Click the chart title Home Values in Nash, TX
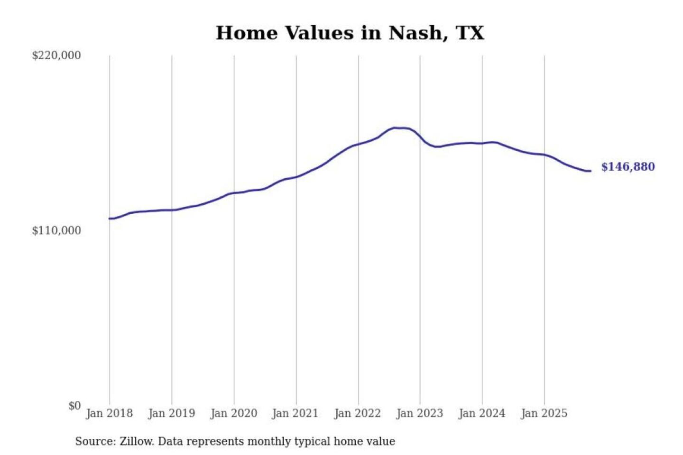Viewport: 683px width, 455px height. coord(350,33)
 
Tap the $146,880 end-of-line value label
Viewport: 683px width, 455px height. coord(628,167)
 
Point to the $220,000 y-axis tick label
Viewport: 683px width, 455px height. coord(56,55)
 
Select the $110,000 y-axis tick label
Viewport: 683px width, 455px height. coord(56,231)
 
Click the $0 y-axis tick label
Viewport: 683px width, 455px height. coord(74,406)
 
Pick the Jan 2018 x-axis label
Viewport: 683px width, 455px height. coord(109,413)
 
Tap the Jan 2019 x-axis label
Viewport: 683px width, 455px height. coord(171,413)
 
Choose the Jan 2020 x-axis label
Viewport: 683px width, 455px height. coord(233,413)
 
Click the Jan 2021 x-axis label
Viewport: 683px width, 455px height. coord(295,413)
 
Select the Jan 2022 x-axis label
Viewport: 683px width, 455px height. coord(357,413)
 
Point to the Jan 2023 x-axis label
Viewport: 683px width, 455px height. coord(419,413)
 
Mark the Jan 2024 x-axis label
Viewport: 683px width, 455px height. coord(481,413)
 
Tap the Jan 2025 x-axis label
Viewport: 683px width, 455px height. coord(544,413)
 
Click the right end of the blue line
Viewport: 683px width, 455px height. coord(590,171)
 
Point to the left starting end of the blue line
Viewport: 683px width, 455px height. coord(110,218)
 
